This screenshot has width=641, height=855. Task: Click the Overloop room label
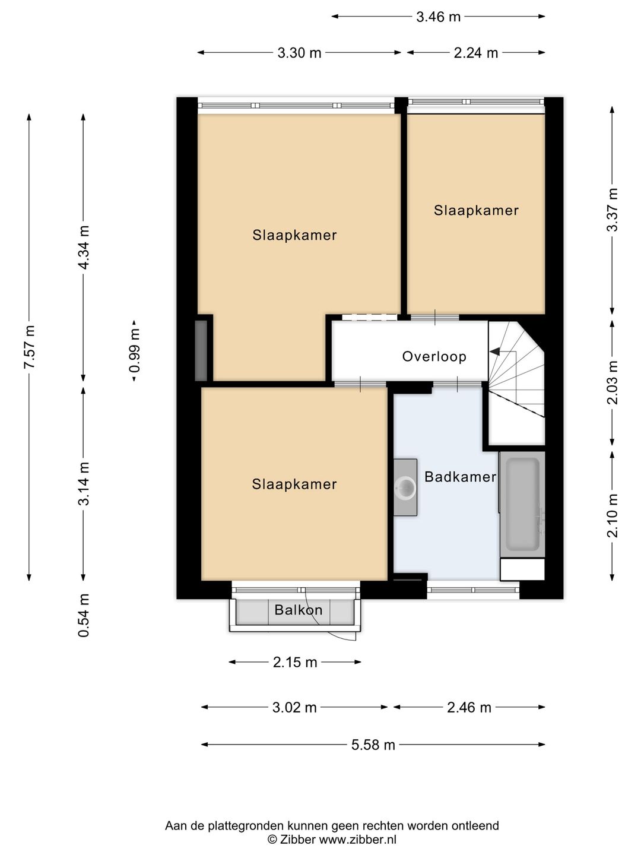coord(434,356)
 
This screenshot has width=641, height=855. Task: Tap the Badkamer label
coord(460,477)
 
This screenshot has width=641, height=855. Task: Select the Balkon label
coord(298,610)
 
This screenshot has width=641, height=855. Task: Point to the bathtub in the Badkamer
coord(522,504)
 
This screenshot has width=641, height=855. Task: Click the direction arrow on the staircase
coord(494,353)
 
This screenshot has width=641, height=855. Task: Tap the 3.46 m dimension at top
coord(438,17)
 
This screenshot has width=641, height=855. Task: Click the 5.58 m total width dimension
coord(373,745)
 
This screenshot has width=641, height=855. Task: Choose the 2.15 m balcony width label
coord(295,662)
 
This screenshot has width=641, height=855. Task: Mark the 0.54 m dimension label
coord(84,616)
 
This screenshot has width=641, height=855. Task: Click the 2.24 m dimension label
coord(475,53)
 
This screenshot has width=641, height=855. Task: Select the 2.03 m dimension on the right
coord(613,383)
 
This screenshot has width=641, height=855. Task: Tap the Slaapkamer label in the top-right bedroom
coord(476,210)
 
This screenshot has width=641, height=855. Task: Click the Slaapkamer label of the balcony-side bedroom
coord(294,484)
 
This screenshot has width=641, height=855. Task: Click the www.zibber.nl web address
coord(357,840)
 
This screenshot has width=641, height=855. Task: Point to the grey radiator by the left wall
coord(201,350)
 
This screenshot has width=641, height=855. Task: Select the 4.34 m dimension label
coord(84,248)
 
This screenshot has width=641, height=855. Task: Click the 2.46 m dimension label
coord(469,707)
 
